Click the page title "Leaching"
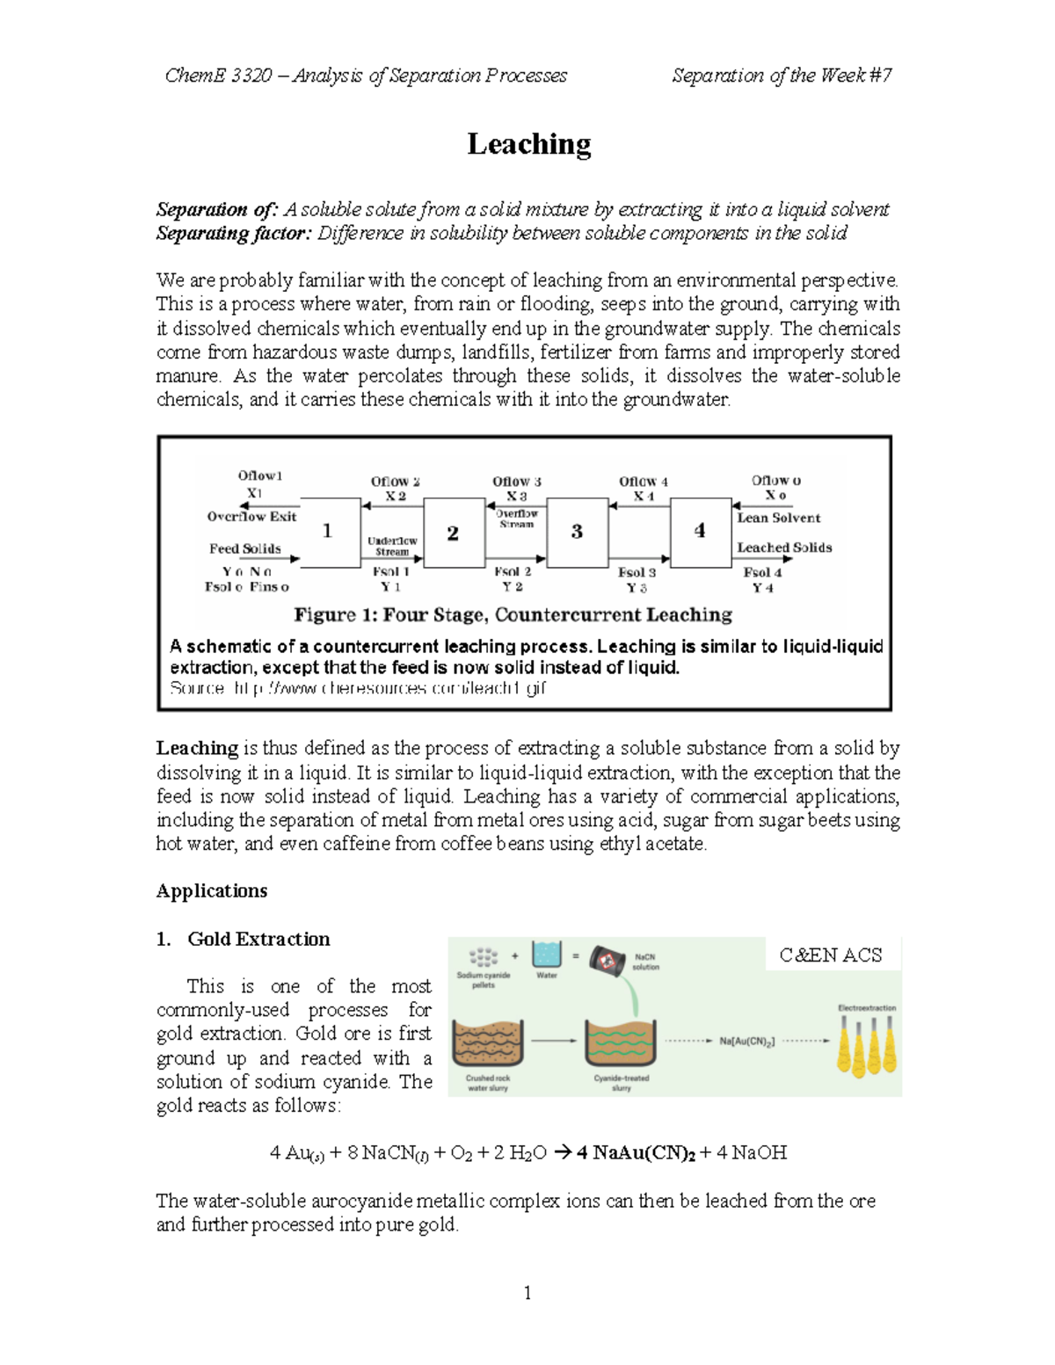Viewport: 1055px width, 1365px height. click(528, 144)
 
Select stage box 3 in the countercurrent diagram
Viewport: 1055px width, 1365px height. click(577, 532)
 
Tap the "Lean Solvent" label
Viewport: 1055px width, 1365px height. click(778, 518)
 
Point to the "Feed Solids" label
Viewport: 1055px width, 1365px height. click(244, 548)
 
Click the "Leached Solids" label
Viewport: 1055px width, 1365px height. click(784, 547)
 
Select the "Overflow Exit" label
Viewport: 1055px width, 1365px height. click(251, 517)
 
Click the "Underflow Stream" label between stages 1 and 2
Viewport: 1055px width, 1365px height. click(392, 546)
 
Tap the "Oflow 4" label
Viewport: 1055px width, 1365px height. click(643, 482)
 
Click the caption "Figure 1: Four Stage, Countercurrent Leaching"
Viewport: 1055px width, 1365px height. click(513, 614)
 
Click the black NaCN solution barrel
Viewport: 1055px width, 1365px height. click(607, 960)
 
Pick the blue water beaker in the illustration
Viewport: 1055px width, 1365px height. click(546, 955)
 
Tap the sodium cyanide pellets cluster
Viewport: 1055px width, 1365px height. click(483, 957)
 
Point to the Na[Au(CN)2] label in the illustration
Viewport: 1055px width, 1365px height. click(746, 1041)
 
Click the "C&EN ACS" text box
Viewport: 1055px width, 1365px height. click(830, 955)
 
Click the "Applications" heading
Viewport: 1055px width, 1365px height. click(212, 890)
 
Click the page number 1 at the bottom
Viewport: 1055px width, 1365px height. click(527, 1292)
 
